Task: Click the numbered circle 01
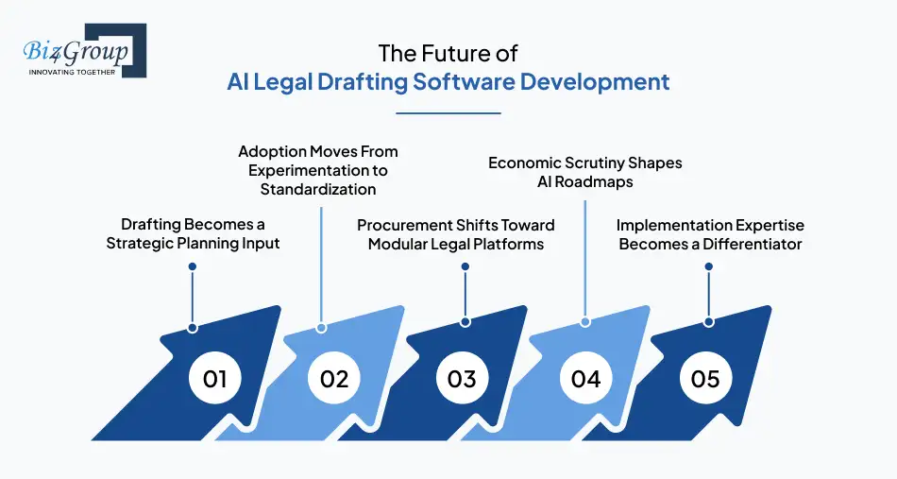(214, 379)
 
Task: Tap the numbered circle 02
(334, 379)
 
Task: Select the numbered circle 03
(461, 379)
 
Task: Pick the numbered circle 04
(585, 379)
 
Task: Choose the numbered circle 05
(705, 379)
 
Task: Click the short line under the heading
(448, 113)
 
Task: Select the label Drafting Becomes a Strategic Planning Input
(193, 233)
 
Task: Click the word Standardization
(317, 189)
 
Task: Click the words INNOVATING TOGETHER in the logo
(73, 72)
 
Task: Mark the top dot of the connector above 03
(465, 267)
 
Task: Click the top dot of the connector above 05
(708, 267)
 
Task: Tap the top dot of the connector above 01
(193, 267)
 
